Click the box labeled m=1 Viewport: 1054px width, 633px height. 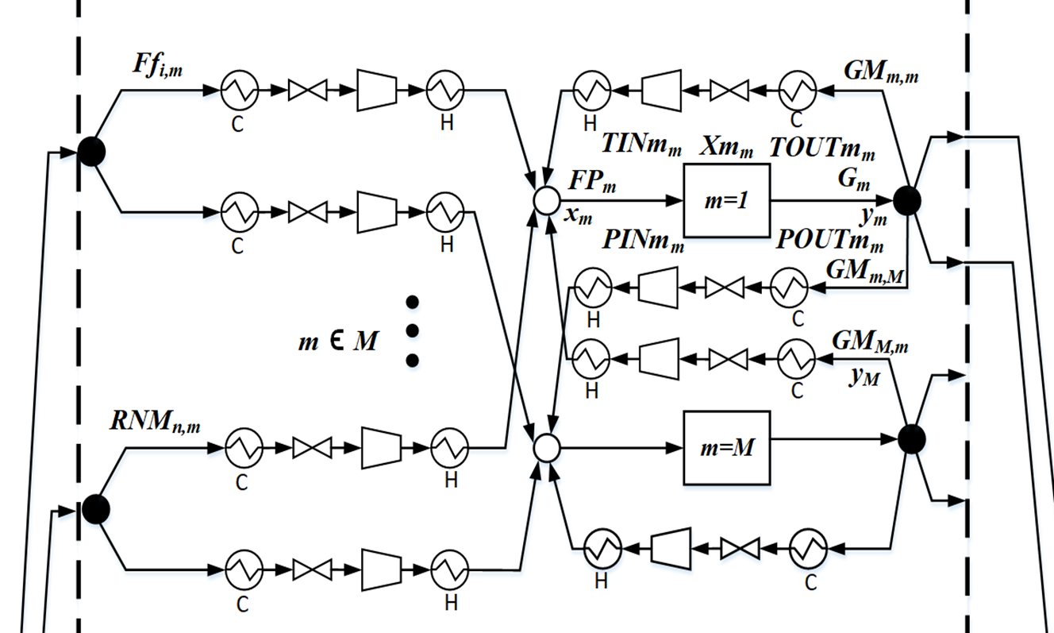[726, 200]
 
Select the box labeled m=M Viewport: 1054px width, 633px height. [727, 447]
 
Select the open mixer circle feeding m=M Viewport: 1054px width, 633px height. [545, 449]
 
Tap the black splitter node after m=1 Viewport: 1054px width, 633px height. [906, 201]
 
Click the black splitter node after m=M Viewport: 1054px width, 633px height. [912, 439]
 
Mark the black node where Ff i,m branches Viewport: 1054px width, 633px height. [91, 151]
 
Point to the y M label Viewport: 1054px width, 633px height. [864, 379]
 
